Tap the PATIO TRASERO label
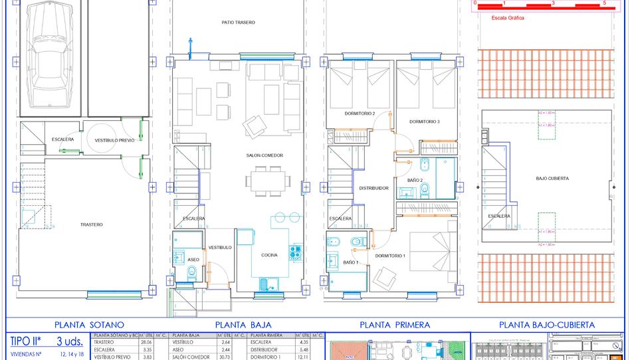pos(238,23)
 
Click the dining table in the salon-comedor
pos(268,181)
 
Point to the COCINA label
pos(269,255)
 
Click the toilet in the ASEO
pos(191,270)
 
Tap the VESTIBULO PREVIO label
pos(114,140)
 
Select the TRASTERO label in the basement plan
pos(92,225)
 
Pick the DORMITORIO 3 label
pos(425,122)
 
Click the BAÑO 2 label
pos(415,180)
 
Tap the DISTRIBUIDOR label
pos(373,188)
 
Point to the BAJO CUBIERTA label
pos(552,178)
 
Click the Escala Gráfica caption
pos(508,19)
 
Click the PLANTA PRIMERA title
pos(394,325)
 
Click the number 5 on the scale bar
pos(603,3)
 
